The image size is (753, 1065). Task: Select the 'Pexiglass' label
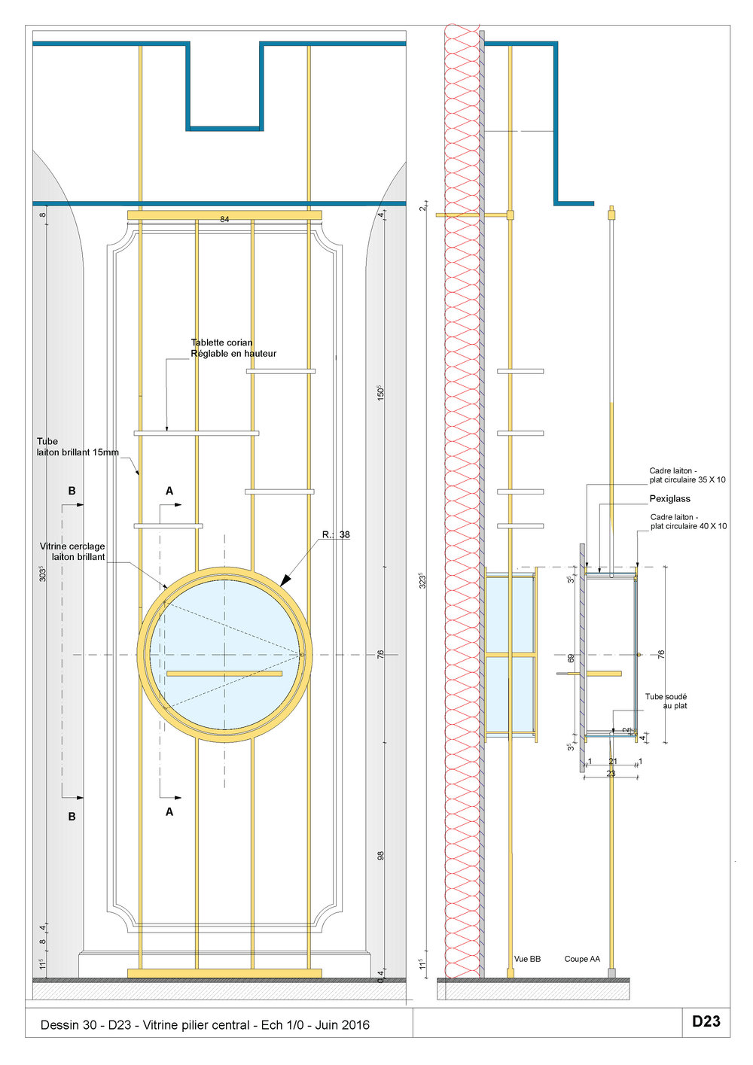click(x=669, y=499)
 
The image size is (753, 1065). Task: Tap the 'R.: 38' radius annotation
click(x=336, y=535)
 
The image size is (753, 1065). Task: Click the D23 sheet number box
click(x=706, y=1021)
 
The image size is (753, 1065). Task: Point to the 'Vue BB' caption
click(x=527, y=959)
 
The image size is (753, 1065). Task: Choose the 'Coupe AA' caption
click(x=582, y=959)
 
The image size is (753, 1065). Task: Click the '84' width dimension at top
click(x=224, y=219)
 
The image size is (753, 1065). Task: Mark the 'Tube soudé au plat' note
click(x=666, y=701)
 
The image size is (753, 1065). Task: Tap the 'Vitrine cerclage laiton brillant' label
click(x=73, y=552)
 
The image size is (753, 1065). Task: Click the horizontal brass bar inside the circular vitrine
click(x=224, y=674)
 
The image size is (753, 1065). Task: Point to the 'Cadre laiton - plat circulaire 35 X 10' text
click(x=687, y=476)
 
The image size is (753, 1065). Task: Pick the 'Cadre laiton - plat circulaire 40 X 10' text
click(x=688, y=522)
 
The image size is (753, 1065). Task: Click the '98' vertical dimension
click(x=380, y=856)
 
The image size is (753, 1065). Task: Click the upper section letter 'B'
click(x=72, y=491)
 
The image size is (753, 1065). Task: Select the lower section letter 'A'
click(x=169, y=812)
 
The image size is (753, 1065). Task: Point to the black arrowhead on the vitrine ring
click(x=285, y=580)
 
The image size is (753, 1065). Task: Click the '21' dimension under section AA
click(x=613, y=762)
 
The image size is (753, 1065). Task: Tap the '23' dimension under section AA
click(x=611, y=773)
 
